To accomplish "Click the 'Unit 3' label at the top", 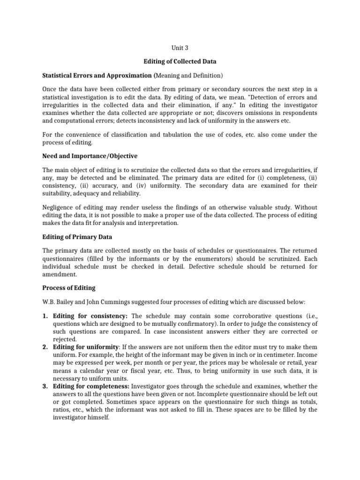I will click(180, 47).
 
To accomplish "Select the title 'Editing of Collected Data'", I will click(180, 61).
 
